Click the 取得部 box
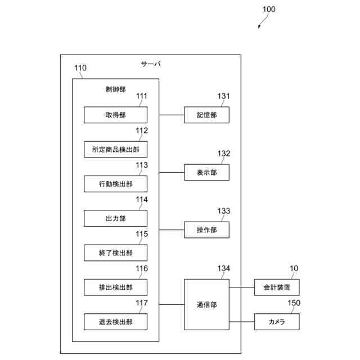pos(115,115)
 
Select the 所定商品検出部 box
pos(115,149)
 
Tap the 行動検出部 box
pos(115,184)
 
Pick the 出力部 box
pos(115,218)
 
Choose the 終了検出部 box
pos(115,253)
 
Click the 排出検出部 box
pos(115,287)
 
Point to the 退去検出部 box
pos(115,322)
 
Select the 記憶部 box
pos(206,115)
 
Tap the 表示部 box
pos(206,172)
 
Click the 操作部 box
pos(206,229)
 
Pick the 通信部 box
pos(206,304)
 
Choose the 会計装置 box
pos(277,287)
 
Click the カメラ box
pos(277,322)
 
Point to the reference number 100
pos(269,10)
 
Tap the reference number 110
pos(80,67)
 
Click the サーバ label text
pos(151,64)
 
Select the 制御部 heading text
pos(115,89)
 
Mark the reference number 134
pos(224,268)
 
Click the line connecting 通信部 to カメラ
pos(242,322)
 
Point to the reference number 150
pos(294,303)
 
